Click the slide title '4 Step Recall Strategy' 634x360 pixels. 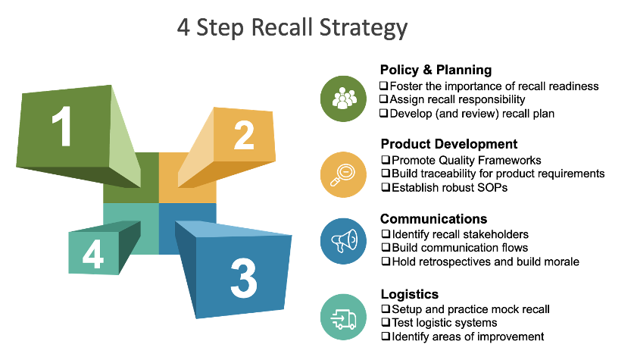coord(292,28)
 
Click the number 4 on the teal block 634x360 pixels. coord(93,255)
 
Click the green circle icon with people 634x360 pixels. coord(344,99)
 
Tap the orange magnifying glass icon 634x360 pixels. coord(344,174)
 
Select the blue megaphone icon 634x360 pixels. coord(344,241)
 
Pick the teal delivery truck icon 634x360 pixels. coord(344,316)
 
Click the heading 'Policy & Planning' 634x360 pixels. coord(436,70)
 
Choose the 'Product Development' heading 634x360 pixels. coord(448,144)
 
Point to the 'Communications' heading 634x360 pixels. coord(433,219)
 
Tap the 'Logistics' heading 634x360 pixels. coord(409,294)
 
